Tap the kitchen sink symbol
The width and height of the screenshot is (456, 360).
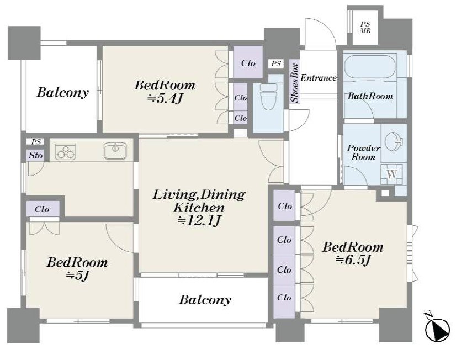pyautogui.click(x=115, y=151)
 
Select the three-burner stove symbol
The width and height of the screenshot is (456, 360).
pyautogui.click(x=66, y=151)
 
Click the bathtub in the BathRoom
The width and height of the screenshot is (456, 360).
pyautogui.click(x=370, y=67)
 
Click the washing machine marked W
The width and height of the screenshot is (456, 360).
pyautogui.click(x=392, y=174)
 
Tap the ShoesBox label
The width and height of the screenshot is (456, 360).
pyautogui.click(x=295, y=83)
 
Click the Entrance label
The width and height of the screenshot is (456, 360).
pyautogui.click(x=319, y=78)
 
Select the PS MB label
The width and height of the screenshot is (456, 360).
pyautogui.click(x=365, y=28)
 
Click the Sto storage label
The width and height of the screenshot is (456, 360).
pyautogui.click(x=36, y=155)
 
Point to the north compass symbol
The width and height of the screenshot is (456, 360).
pyautogui.click(x=437, y=328)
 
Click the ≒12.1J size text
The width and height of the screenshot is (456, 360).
pyautogui.click(x=199, y=221)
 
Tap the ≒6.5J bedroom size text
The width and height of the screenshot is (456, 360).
pyautogui.click(x=353, y=260)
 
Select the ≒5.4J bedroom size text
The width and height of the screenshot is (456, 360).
pyautogui.click(x=165, y=99)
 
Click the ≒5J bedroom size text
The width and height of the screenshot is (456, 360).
pyautogui.click(x=77, y=275)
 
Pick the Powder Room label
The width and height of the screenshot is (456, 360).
pyautogui.click(x=364, y=152)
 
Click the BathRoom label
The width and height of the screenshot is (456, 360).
pyautogui.click(x=370, y=96)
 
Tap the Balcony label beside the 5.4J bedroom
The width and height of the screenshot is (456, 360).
pyautogui.click(x=62, y=92)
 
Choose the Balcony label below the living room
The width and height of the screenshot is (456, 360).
pyautogui.click(x=205, y=299)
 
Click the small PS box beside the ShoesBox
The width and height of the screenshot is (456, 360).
pyautogui.click(x=276, y=63)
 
